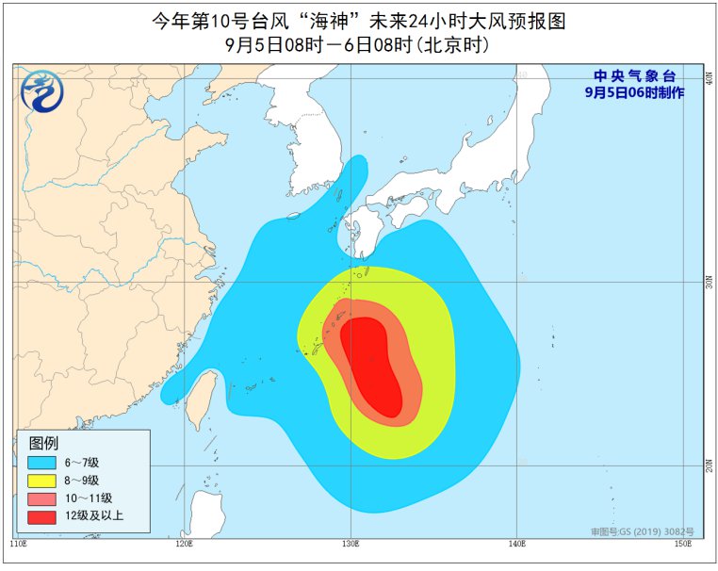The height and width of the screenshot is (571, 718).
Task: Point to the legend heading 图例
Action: (x=43, y=443)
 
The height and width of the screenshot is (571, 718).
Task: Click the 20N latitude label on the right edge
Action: (x=709, y=465)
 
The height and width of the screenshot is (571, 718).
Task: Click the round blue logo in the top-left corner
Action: (x=41, y=90)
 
